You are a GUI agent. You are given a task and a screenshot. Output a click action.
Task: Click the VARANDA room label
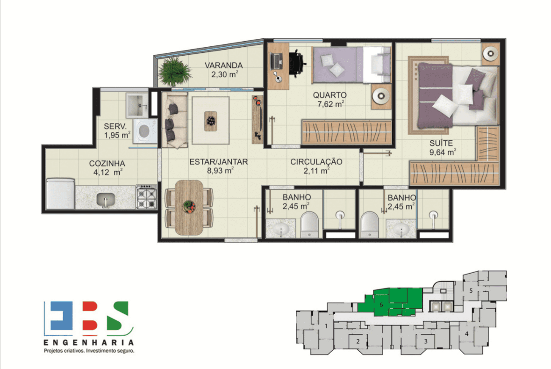tap(223, 65)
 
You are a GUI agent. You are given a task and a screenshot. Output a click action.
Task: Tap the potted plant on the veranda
tap(174, 72)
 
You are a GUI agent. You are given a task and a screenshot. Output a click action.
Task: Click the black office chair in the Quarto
tap(297, 62)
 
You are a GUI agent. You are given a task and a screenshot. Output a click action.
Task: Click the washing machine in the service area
tap(144, 131)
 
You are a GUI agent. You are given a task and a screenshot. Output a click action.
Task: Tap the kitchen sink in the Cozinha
tap(106, 200)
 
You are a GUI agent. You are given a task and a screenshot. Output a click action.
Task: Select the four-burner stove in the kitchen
tap(146, 197)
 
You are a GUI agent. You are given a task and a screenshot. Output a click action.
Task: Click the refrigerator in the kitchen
tap(60, 194)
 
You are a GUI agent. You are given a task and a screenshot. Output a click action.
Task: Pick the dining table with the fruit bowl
tap(189, 208)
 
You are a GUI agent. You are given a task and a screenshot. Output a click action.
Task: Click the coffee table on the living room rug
tap(210, 121)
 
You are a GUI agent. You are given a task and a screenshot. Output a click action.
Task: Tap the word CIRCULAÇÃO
tap(316, 162)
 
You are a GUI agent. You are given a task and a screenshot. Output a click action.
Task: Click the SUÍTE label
tap(441, 143)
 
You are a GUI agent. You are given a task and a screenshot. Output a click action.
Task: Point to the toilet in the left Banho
tap(309, 224)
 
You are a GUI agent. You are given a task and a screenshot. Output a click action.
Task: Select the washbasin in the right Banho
tap(401, 229)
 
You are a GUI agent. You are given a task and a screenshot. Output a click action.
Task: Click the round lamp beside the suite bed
tap(491, 54)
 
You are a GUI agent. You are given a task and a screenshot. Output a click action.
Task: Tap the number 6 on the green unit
tap(381, 304)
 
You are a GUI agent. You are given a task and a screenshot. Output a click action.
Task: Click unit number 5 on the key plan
tap(471, 290)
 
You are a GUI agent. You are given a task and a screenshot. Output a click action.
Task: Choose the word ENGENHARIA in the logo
tap(89, 342)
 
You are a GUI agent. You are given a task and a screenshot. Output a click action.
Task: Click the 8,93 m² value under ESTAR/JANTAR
tap(220, 171)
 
